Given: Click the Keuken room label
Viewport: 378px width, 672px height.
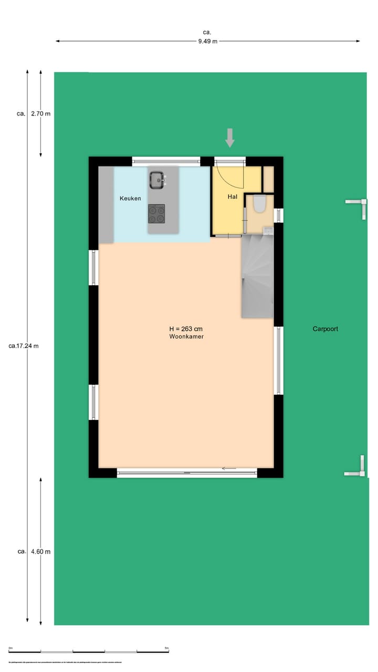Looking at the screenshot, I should point(130,198).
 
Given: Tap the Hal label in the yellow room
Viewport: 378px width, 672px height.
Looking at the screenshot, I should point(233,197).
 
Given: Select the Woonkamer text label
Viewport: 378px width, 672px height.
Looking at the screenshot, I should point(186,337).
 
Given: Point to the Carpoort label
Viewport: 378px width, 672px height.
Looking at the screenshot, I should point(325,329).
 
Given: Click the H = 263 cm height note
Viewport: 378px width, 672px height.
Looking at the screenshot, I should point(186,329).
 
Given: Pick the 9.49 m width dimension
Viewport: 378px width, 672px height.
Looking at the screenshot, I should point(208,41).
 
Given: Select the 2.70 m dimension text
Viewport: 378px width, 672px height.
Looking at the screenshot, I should point(41,113).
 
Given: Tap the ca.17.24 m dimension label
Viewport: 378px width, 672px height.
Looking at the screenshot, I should point(24,346).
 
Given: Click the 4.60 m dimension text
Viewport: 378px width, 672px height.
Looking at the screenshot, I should point(41,552).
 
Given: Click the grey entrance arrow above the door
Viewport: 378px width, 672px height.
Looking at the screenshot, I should point(229,138).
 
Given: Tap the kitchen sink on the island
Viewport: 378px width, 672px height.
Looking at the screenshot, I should point(156,181).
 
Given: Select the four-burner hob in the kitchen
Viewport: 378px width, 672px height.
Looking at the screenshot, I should point(156,214).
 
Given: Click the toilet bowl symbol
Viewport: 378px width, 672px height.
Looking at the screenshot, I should point(260,204).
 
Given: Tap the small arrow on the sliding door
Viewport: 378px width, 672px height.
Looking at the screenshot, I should point(228,468).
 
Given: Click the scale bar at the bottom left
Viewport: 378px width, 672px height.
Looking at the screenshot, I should point(88,652).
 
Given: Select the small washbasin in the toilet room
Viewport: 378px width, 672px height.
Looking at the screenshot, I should point(267,230).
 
